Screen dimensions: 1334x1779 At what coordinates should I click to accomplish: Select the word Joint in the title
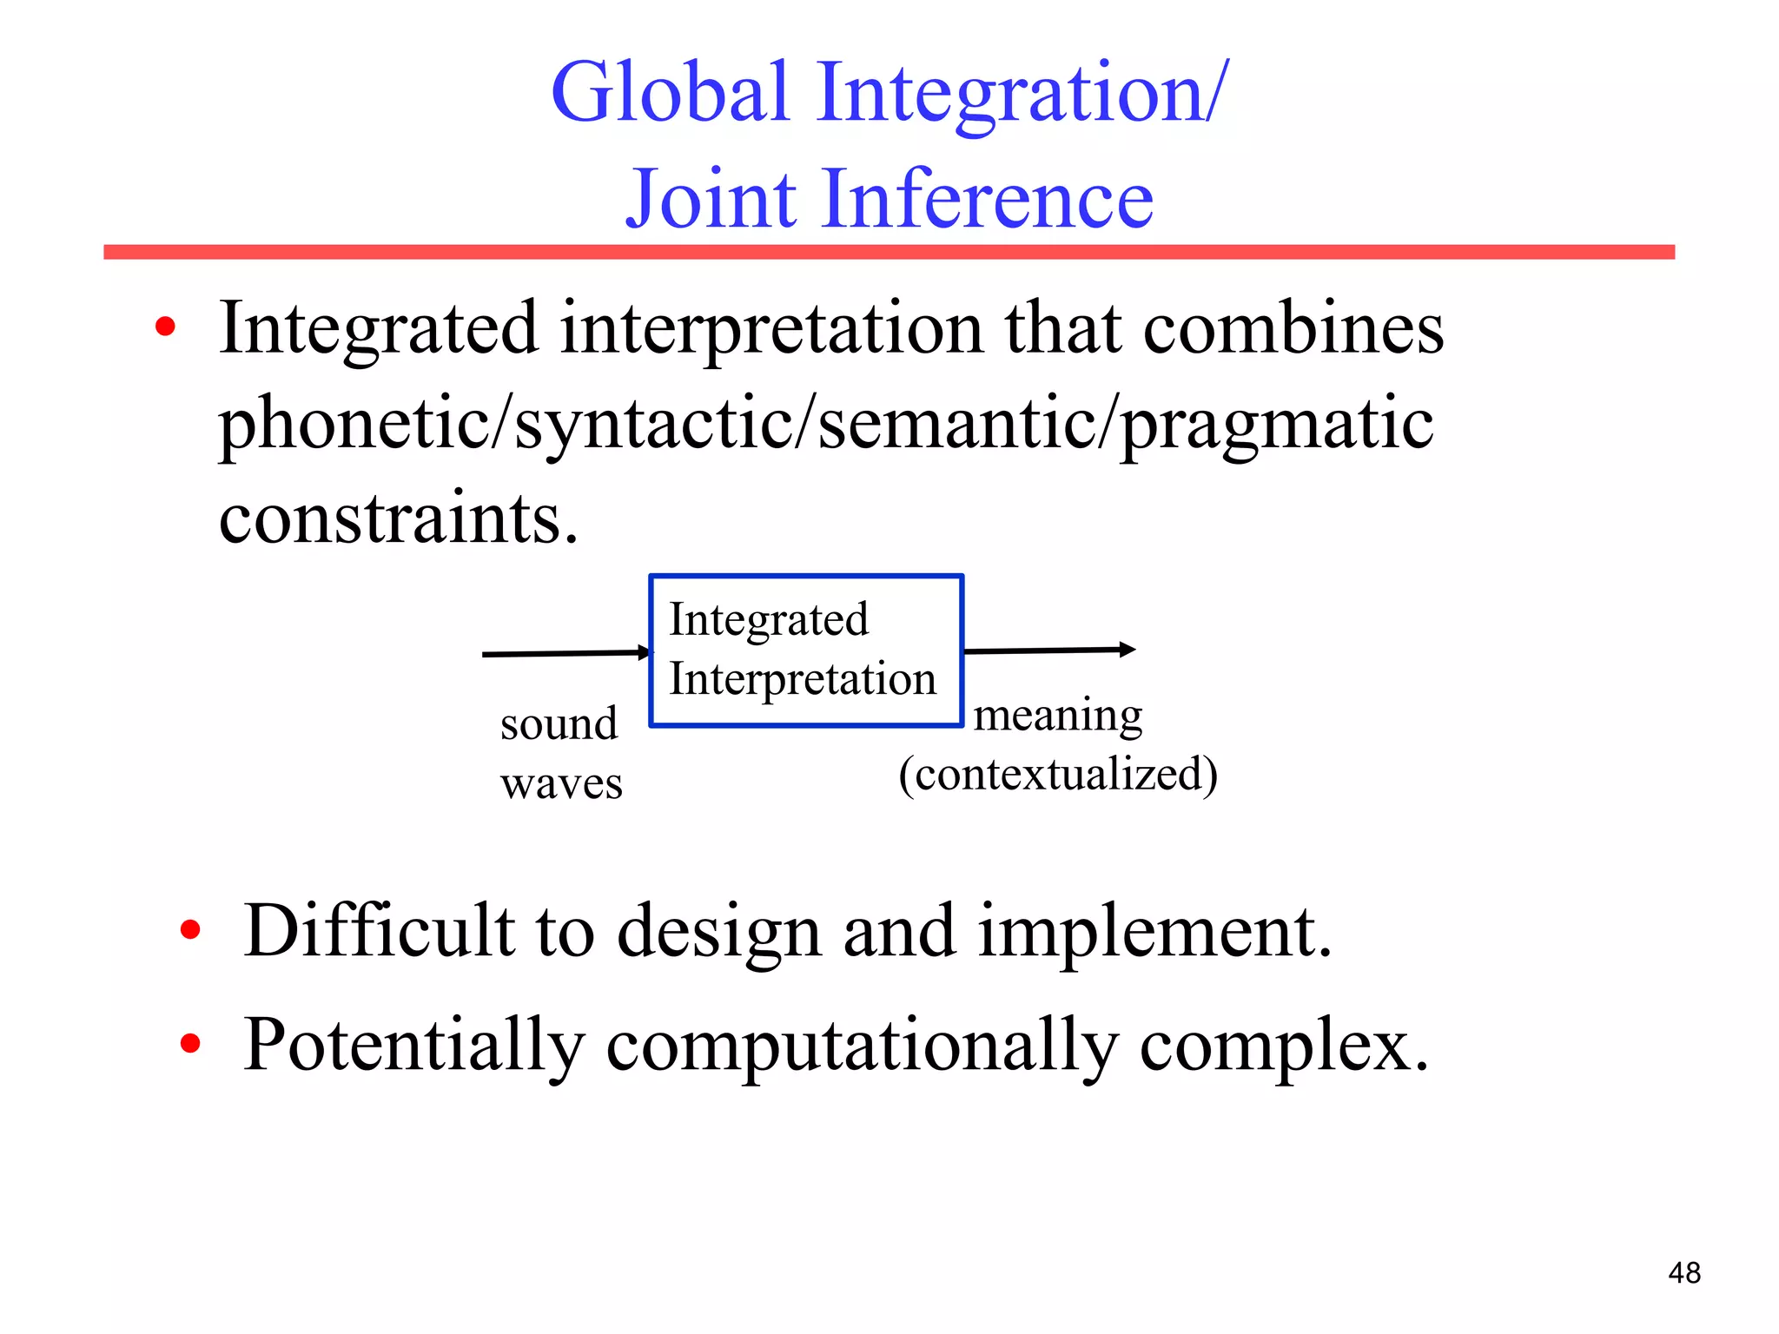pos(711,201)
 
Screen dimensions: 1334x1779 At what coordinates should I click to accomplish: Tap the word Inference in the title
pos(987,199)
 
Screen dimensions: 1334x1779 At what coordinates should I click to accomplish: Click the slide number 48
pos(1683,1273)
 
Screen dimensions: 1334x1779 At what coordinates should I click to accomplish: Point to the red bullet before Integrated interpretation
pos(165,328)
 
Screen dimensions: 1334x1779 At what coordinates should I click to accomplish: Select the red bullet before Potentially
pos(190,1043)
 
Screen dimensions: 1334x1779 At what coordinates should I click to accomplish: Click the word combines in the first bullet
pos(1293,329)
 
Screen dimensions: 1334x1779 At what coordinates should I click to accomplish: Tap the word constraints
pos(398,518)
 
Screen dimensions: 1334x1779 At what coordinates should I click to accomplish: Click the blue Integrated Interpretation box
pos(805,650)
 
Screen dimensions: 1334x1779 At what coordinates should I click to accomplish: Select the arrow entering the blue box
pos(565,653)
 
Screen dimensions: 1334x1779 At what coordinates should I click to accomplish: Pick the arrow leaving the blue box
pos(1048,650)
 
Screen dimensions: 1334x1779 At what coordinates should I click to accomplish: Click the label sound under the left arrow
pos(559,723)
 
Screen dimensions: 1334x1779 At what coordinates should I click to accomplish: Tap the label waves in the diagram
pos(561,783)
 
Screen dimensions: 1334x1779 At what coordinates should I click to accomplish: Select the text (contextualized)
pos(1057,774)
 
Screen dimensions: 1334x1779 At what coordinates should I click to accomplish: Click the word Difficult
pos(379,931)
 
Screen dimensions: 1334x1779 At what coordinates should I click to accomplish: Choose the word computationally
pos(861,1046)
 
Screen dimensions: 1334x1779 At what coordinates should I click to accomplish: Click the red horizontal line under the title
pos(889,252)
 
